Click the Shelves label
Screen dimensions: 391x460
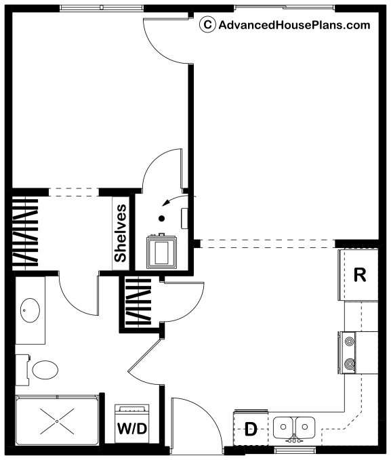pos(121,233)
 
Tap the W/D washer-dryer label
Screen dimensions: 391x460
pos(131,429)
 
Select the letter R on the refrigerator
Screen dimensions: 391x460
pos(360,275)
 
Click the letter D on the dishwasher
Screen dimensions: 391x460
pos(251,430)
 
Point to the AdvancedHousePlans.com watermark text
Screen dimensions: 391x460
pos(294,25)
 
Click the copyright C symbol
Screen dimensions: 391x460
pos(207,24)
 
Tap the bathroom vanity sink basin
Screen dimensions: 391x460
pos(30,310)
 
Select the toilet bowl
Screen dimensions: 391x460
pos(45,370)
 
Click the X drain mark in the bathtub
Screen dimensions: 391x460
pos(57,421)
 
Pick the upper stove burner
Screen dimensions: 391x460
pos(349,341)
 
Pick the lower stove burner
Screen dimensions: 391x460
pos(349,364)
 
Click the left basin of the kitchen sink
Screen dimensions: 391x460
pos(283,427)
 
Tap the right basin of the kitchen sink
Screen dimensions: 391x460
pos(306,427)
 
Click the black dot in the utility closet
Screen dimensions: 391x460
pos(161,218)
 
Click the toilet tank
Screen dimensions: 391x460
pos(22,370)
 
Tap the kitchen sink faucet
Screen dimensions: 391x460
pos(294,440)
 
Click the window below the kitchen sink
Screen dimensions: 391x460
pos(295,449)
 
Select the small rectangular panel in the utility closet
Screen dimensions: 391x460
pos(184,218)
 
